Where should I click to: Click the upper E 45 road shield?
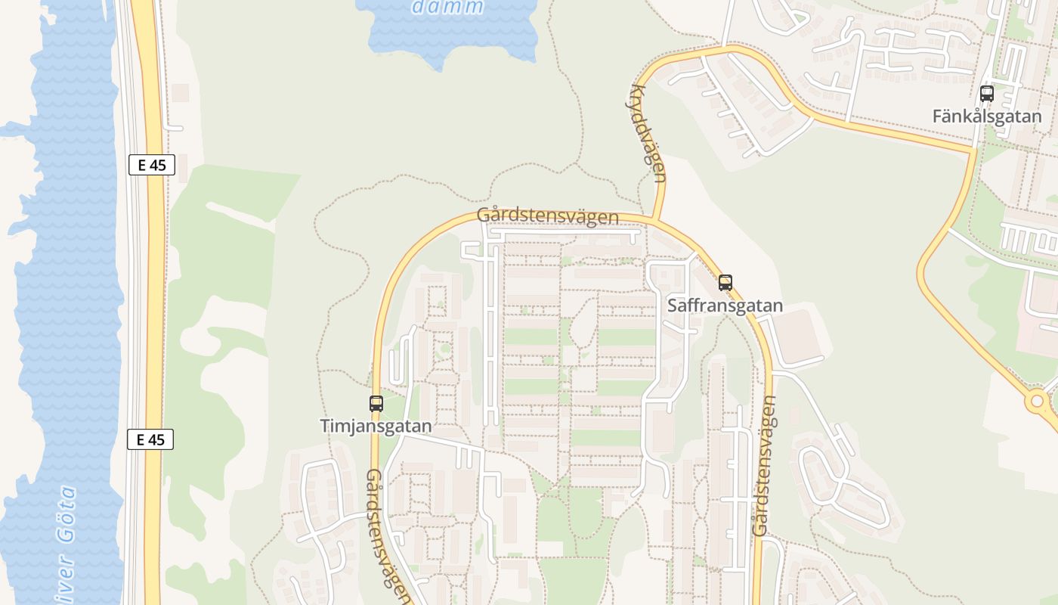[x=152, y=165]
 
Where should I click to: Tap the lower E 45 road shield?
[x=150, y=439]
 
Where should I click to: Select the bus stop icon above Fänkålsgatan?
[x=986, y=94]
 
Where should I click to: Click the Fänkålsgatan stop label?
[x=986, y=116]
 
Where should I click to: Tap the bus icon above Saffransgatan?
[x=725, y=283]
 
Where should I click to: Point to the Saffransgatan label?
[x=725, y=306]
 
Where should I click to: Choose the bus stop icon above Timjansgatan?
[x=376, y=404]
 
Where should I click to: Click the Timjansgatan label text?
[x=376, y=426]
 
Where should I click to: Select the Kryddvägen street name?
[x=646, y=133]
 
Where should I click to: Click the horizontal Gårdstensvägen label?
[x=548, y=216]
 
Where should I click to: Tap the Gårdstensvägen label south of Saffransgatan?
[x=766, y=467]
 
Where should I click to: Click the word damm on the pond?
[x=448, y=8]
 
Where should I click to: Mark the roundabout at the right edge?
[x=1038, y=401]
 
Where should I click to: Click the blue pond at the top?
[x=453, y=34]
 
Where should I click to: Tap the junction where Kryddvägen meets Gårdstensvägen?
[x=654, y=220]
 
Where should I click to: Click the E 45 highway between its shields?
[x=153, y=302]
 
